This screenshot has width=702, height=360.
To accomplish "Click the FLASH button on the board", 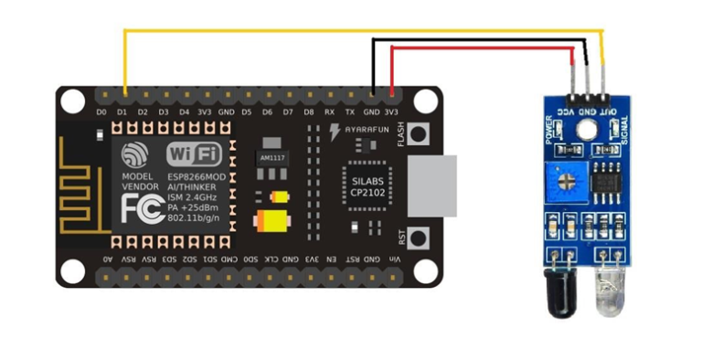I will pos(420,134).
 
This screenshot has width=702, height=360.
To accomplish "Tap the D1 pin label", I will pos(122,111).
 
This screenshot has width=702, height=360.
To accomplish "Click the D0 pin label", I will pos(101,111).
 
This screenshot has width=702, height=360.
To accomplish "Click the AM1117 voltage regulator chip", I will pos(271,156).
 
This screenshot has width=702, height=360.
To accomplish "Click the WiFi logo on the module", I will pos(194,153).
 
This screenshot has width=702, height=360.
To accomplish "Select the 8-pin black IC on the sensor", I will pos(604,182).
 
